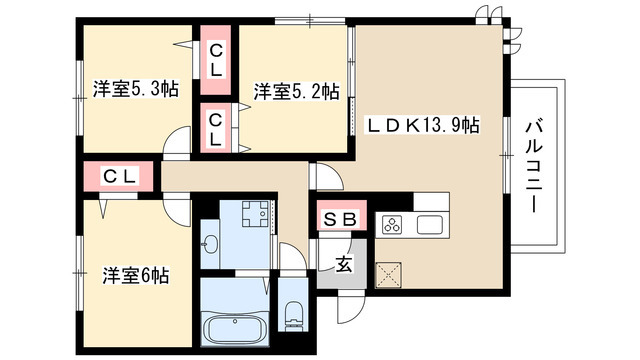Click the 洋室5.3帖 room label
point(137,89)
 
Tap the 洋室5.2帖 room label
point(295,92)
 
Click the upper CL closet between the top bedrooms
point(216,60)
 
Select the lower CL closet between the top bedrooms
point(216,128)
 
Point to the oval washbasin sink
point(211,244)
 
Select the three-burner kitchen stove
point(391,225)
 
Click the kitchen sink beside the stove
point(432,224)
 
